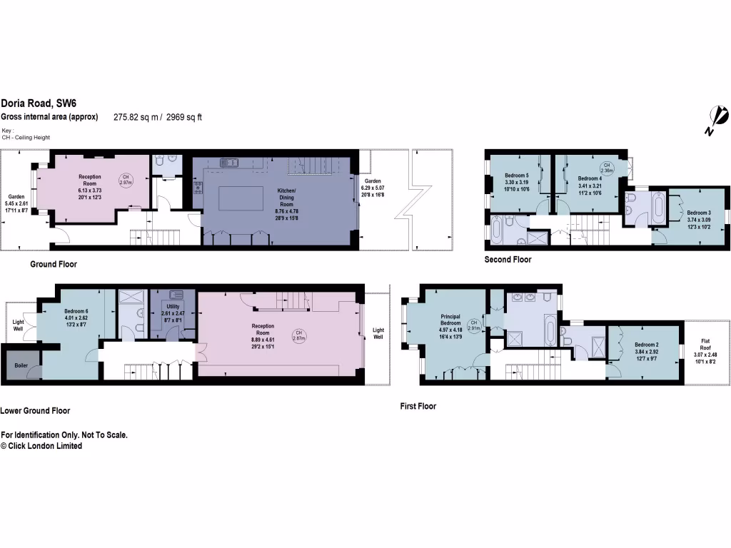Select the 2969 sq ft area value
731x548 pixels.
point(185,117)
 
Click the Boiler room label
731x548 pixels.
point(21,365)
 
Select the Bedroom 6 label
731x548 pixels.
point(76,311)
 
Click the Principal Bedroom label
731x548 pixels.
point(450,320)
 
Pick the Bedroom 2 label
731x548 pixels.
point(647,345)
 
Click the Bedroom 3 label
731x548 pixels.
point(699,213)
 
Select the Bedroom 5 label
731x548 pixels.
point(517,176)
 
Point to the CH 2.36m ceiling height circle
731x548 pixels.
point(606,168)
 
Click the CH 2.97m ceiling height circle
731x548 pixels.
point(125,179)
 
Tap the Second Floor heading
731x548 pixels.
point(508,260)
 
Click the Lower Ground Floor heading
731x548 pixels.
point(35,411)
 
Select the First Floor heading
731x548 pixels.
point(418,406)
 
